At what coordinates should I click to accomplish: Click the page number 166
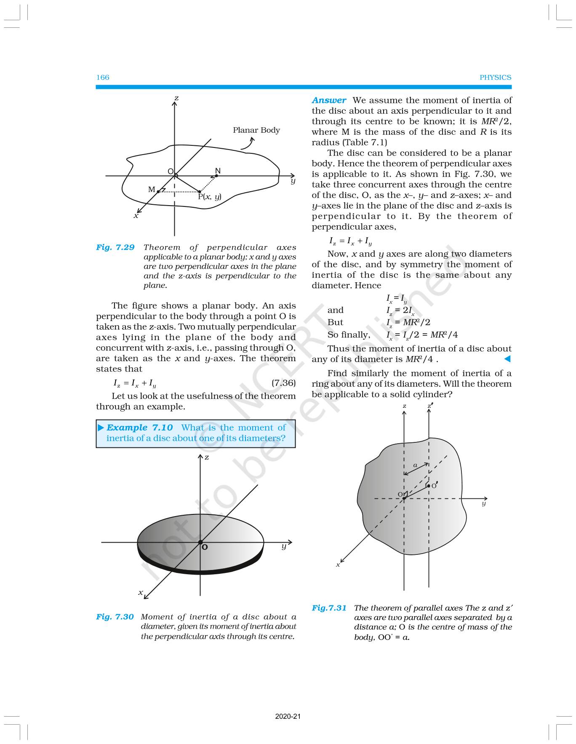point(103,78)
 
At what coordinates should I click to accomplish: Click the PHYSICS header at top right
point(495,78)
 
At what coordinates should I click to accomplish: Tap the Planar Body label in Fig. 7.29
point(256,130)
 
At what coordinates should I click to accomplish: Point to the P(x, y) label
point(210,197)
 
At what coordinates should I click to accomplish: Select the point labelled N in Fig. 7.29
point(216,175)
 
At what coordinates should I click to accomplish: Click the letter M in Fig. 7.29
point(152,190)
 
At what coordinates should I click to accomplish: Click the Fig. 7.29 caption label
point(115,247)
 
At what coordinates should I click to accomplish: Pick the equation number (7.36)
point(283,383)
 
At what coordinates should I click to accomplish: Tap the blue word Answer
point(329,100)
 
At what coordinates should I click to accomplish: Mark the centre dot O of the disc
point(200,542)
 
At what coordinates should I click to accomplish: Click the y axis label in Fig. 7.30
point(284,546)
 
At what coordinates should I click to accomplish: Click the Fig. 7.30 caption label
point(115,617)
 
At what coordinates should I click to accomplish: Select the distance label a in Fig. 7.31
point(415,466)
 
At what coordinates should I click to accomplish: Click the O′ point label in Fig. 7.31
point(434,485)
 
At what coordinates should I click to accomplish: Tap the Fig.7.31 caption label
point(329,608)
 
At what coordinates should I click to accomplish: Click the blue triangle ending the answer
point(507,359)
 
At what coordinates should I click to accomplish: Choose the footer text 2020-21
point(288,716)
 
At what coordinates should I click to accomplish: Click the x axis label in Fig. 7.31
point(338,565)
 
